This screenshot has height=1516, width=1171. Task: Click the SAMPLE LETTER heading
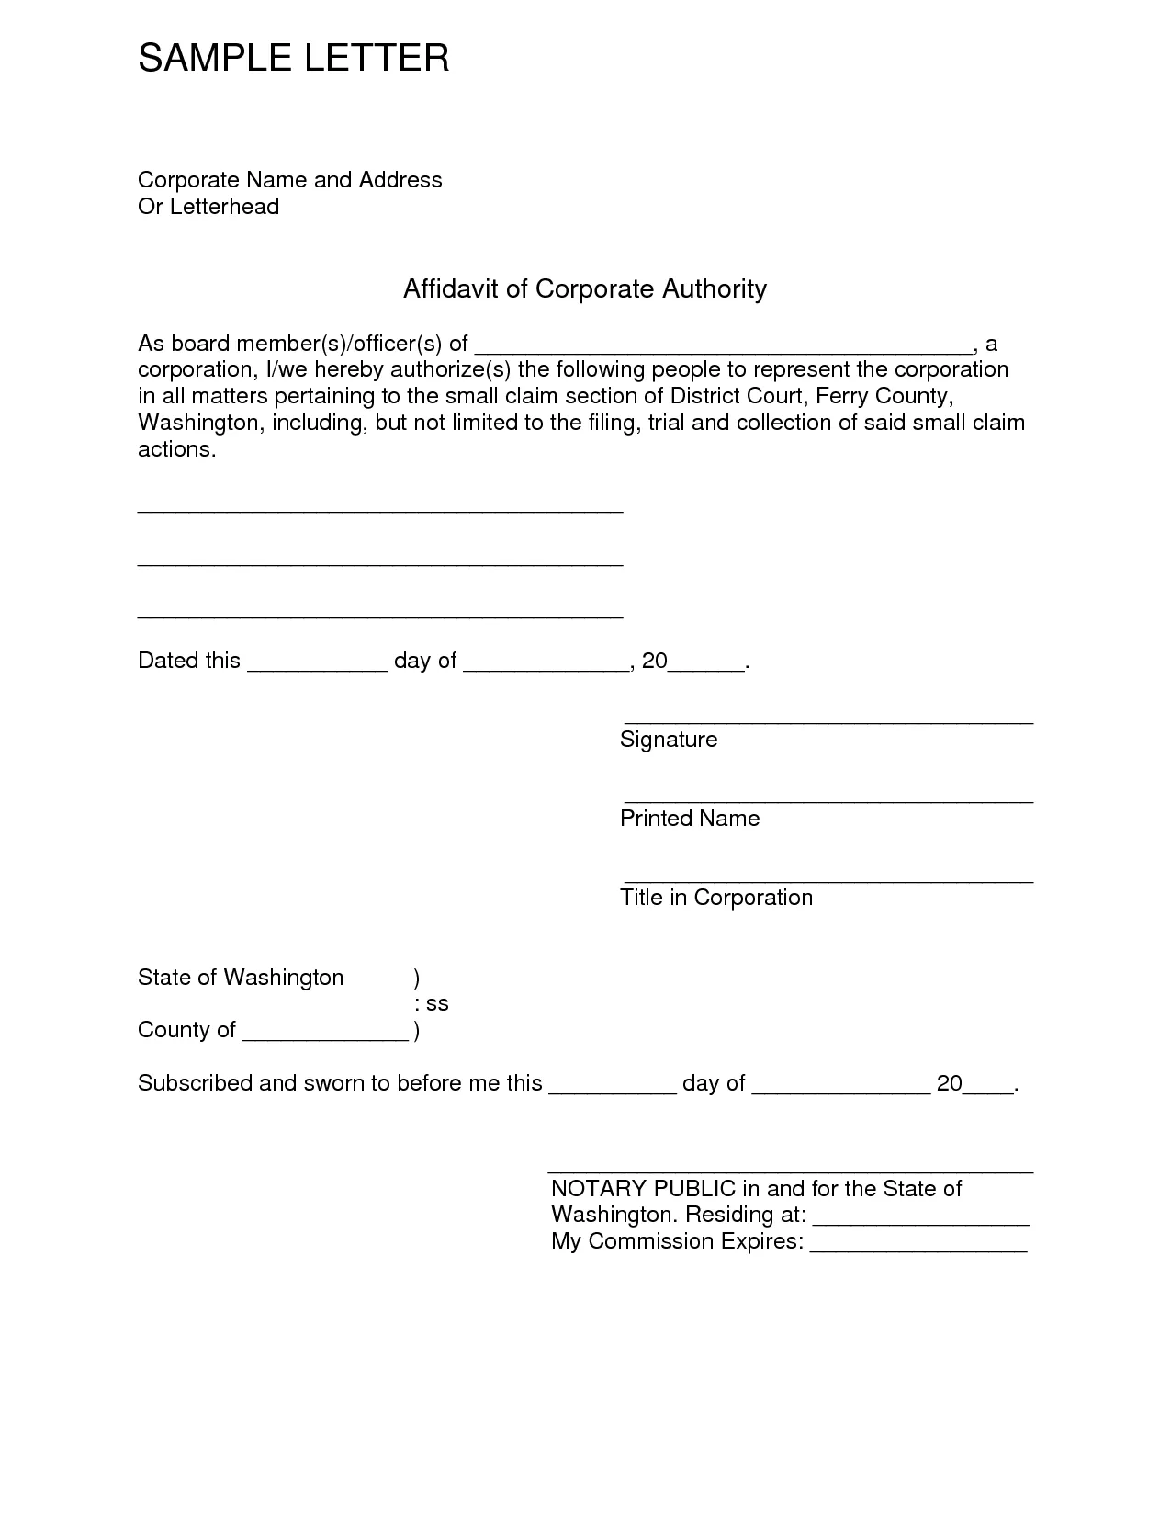293,58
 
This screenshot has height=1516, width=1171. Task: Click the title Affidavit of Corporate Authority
584,288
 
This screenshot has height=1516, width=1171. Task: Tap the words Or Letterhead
208,207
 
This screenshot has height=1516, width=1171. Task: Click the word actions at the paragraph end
175,449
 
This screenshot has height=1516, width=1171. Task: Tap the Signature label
669,740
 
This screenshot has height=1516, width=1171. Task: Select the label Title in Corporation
716,898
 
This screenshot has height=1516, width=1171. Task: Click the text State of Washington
241,978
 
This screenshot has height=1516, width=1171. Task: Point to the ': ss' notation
432,1003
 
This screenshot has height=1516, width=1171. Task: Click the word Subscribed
195,1083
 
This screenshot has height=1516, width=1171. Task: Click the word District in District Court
704,396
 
